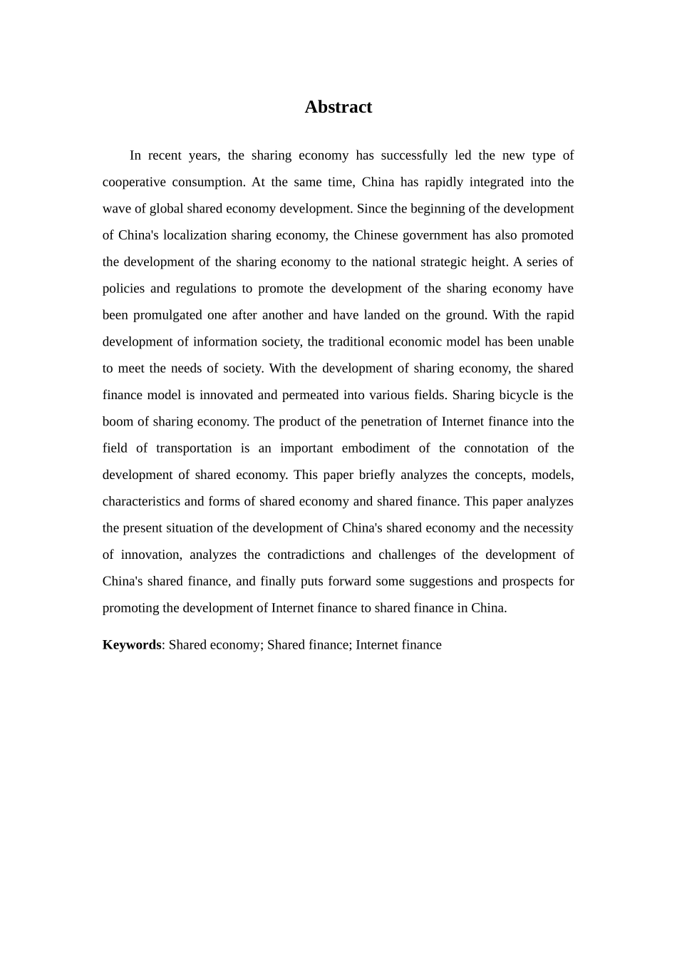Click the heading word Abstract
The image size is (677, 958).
338,107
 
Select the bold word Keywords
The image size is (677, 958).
132,645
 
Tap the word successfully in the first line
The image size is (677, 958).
414,155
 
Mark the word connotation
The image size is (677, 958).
496,448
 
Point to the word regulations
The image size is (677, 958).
205,289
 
